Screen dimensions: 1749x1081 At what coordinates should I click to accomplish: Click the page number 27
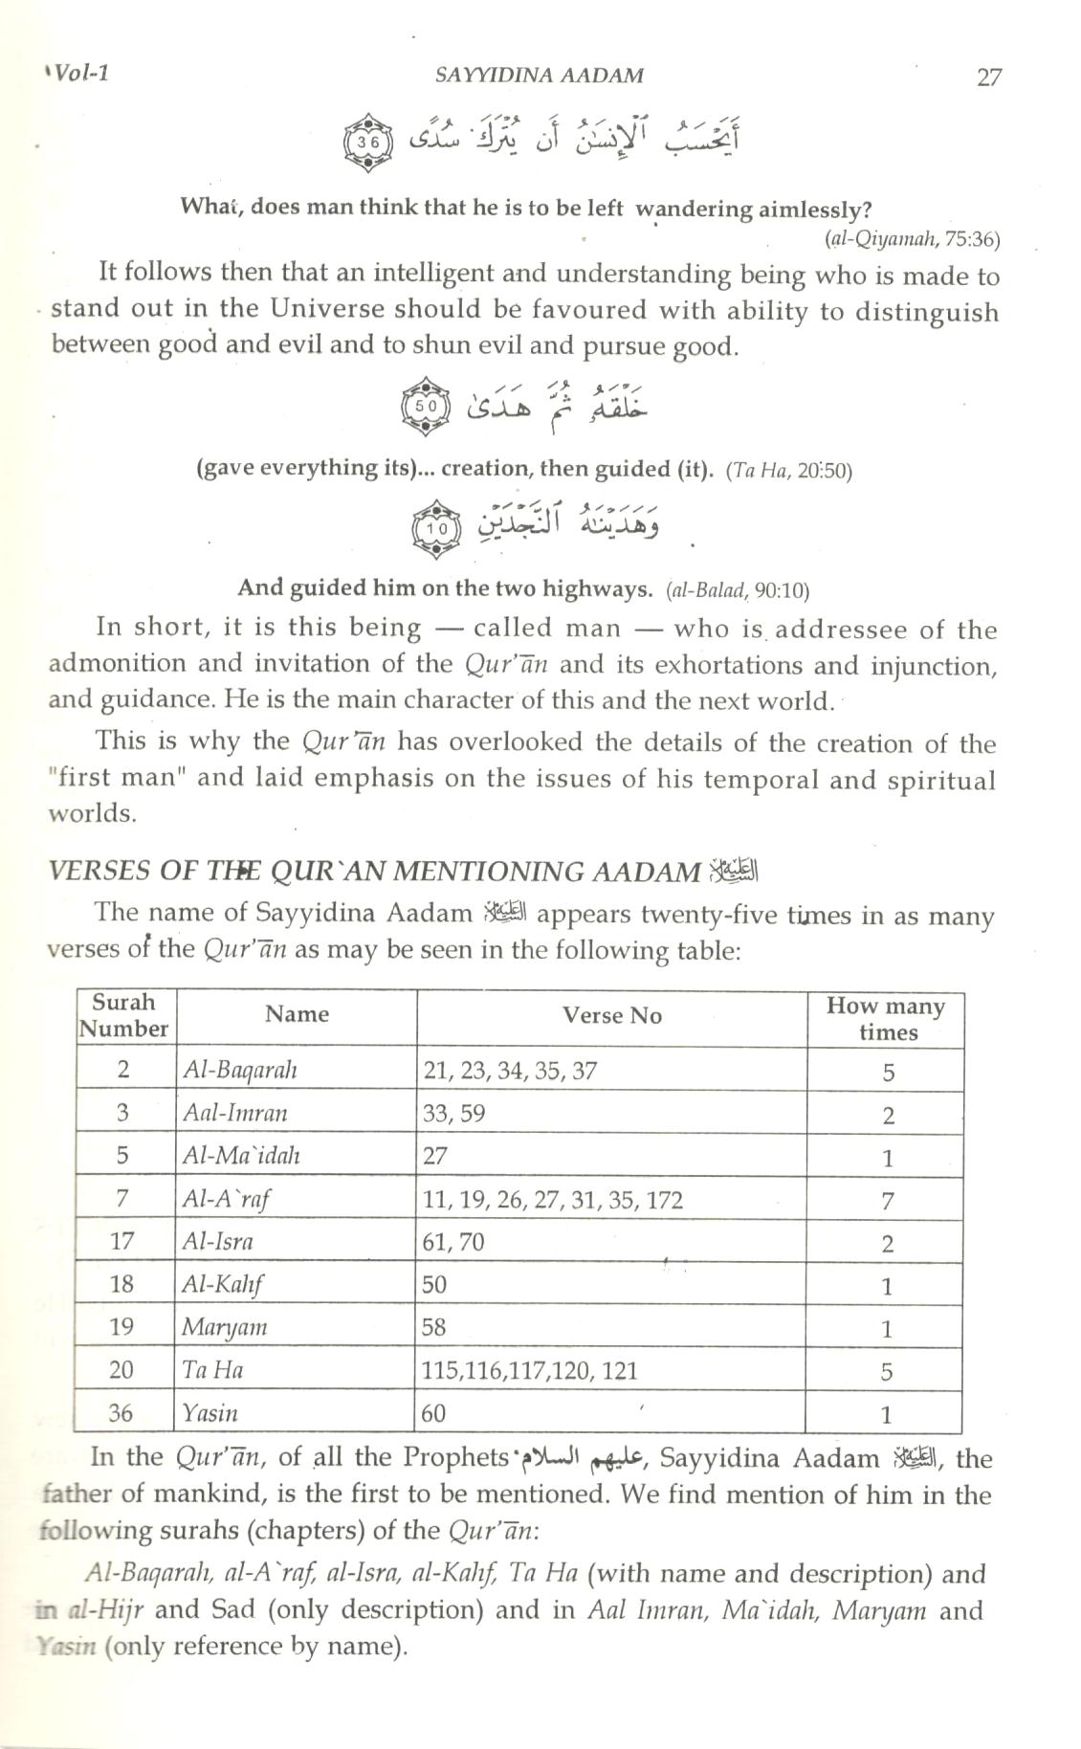coord(989,77)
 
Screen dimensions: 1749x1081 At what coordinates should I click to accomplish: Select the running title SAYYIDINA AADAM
coord(539,76)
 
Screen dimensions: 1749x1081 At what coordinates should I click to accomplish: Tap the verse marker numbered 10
coord(437,527)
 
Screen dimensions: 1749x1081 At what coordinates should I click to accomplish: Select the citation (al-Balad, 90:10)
coord(738,589)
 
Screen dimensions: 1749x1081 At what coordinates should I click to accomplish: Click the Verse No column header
coord(611,1015)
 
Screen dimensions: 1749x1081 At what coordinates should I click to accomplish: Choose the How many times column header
coord(886,1018)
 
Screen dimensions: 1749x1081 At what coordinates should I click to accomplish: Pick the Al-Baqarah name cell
coord(239,1070)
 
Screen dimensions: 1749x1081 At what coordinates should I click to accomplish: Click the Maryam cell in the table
coord(225,1327)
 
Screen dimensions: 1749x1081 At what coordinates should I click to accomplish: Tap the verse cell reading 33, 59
coord(453,1113)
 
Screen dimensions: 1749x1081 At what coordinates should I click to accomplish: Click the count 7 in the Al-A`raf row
coord(887,1201)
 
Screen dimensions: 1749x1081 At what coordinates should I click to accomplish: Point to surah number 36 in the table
coord(122,1412)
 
